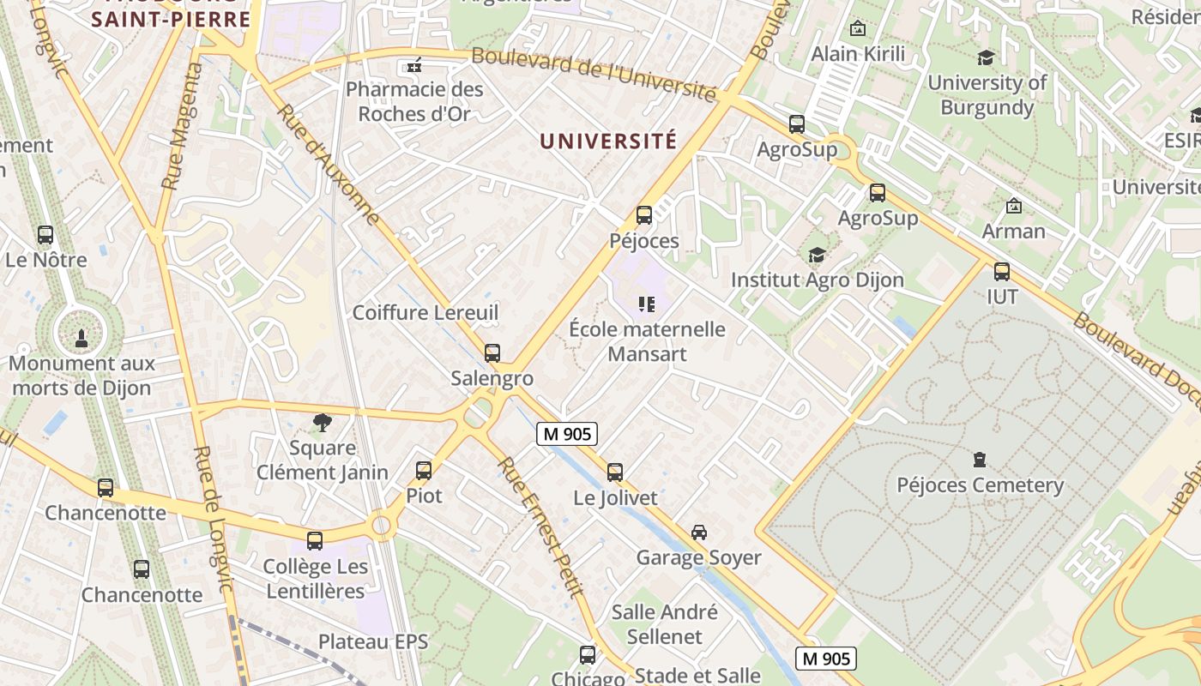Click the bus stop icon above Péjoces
[x=644, y=215]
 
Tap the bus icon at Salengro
[x=492, y=352]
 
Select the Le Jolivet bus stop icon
[x=615, y=472]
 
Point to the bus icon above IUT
[x=1002, y=272]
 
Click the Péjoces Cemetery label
[x=980, y=485]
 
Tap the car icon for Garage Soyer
[x=699, y=532]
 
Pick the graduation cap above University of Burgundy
[x=987, y=57]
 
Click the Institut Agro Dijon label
[x=817, y=280]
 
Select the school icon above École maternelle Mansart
[x=647, y=304]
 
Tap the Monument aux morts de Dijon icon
[x=81, y=337]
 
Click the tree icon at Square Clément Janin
[x=323, y=422]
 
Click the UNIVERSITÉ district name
[x=608, y=141]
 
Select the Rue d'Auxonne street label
[x=329, y=165]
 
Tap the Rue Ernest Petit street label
[x=541, y=527]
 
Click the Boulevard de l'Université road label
[x=594, y=75]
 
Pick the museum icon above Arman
[x=1014, y=206]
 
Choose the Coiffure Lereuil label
[x=425, y=312]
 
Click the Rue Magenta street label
[x=181, y=126]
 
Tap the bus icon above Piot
[x=424, y=470]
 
